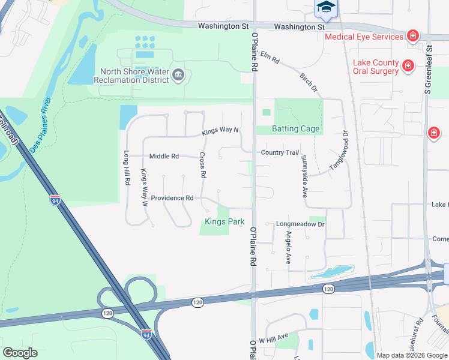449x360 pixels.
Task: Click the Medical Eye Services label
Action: [364, 37]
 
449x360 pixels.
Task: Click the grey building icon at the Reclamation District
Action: [178, 74]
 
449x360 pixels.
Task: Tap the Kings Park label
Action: [224, 222]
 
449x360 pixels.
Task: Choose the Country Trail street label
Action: [280, 152]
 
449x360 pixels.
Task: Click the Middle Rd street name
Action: [164, 157]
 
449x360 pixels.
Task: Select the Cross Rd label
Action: [203, 165]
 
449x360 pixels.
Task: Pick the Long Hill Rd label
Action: [127, 167]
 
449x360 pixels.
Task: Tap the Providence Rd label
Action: [172, 198]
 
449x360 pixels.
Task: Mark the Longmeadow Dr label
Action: [300, 224]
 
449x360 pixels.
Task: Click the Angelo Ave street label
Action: [288, 248]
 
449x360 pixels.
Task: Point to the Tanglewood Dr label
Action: [337, 150]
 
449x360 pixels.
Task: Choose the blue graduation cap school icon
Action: [326, 7]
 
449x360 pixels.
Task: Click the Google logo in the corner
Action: [20, 353]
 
